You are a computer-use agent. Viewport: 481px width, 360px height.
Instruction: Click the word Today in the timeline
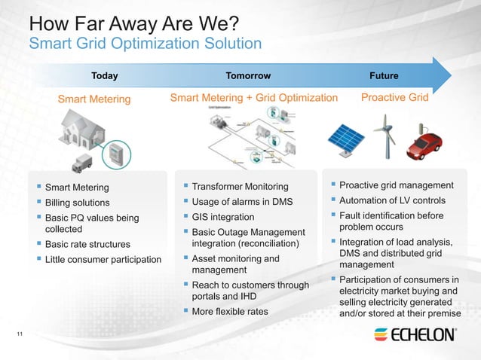coord(104,75)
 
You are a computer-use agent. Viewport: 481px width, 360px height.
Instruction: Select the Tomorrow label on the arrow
coord(248,75)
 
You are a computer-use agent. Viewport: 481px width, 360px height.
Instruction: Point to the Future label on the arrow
coord(384,75)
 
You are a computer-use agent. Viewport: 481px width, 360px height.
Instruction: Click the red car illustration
coord(426,145)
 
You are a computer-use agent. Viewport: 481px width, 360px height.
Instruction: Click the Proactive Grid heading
coord(394,98)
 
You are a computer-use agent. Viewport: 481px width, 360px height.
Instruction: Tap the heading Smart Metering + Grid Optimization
coord(253,98)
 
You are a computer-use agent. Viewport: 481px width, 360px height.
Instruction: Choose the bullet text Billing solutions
coord(77,203)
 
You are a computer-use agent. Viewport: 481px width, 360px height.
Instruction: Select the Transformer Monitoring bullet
coord(240,187)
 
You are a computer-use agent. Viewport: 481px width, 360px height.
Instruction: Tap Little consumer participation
coord(103,260)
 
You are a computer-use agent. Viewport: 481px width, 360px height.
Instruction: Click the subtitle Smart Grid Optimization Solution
coord(145,44)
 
